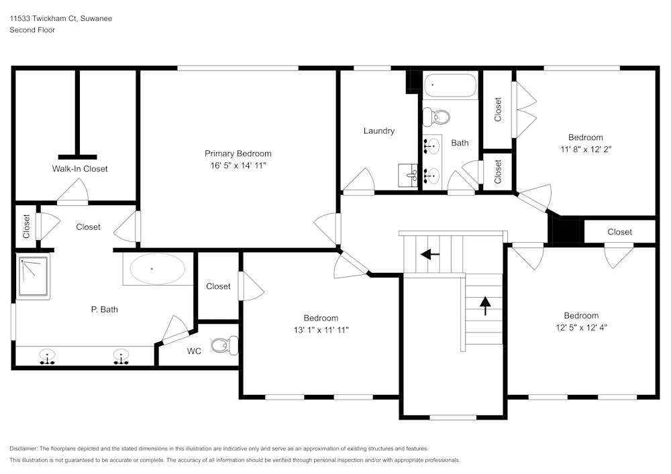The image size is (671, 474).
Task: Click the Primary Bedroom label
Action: [238, 154]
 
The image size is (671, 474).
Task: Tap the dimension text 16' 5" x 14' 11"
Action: [238, 165]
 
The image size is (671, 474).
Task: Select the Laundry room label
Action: [378, 131]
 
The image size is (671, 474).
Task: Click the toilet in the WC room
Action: [222, 345]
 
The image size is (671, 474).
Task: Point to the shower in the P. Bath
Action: [33, 277]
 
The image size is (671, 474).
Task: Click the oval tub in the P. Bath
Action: [156, 270]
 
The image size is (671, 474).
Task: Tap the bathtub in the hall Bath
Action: [450, 86]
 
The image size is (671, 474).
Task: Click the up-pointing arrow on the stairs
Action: [484, 305]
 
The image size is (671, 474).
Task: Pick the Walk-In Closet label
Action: [80, 169]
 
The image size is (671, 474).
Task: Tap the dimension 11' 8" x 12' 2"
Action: [585, 150]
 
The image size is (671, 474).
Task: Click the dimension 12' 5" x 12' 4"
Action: [581, 327]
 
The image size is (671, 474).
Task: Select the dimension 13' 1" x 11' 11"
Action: [321, 329]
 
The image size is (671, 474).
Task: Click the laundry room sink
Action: [408, 176]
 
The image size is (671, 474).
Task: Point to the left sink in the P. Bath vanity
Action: [47, 355]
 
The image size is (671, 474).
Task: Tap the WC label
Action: [194, 351]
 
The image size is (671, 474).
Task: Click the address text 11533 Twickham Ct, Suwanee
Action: [60, 19]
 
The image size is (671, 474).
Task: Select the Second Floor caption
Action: [32, 30]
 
